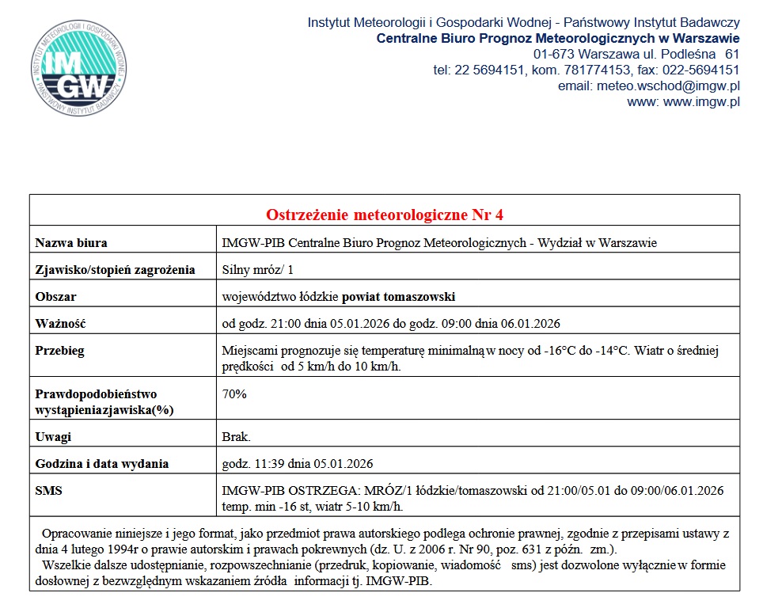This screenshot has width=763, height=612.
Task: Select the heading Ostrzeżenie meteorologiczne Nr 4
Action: [x=384, y=215]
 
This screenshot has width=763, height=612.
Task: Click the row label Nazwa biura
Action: [x=71, y=243]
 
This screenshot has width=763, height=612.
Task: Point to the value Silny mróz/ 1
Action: [x=258, y=270]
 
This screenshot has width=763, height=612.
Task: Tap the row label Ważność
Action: [x=60, y=324]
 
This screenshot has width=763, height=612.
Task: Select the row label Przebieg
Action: [x=60, y=351]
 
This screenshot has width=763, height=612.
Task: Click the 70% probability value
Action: [x=234, y=394]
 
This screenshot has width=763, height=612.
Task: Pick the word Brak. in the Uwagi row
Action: [x=237, y=437]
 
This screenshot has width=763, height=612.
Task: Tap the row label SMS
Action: [x=49, y=491]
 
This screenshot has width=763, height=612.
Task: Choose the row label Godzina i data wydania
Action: [x=102, y=464]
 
